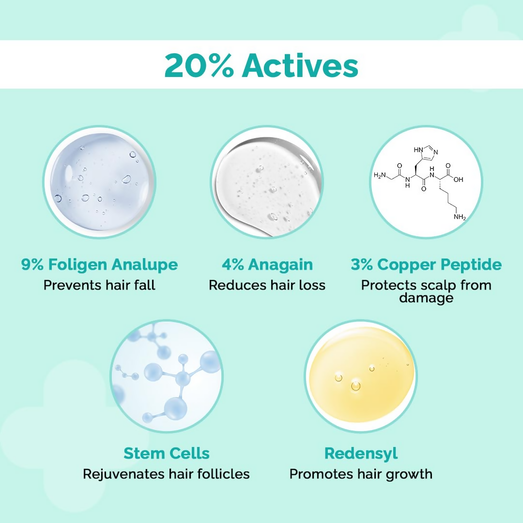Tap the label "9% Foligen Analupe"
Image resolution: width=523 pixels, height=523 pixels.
point(99,265)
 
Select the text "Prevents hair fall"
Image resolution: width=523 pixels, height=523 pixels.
point(99,285)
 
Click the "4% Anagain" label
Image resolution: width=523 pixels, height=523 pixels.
point(267,265)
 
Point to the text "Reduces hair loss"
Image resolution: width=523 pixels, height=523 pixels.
point(267,285)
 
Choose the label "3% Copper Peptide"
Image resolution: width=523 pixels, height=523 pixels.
point(426,265)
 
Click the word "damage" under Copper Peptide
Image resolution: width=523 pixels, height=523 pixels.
point(426,298)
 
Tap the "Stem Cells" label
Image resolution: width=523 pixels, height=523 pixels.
point(167,453)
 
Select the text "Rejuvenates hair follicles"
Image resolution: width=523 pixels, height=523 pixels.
point(167,474)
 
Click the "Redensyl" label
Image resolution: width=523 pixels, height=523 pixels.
point(361,453)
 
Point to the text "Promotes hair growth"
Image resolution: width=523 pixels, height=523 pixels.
point(361,474)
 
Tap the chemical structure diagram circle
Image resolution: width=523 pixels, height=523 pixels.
point(426,182)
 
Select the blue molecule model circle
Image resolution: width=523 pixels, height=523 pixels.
point(167,377)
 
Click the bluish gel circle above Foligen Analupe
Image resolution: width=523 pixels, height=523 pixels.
point(99,182)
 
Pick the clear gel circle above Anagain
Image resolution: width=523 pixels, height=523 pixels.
point(267,182)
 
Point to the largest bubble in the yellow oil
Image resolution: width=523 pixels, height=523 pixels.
point(356,386)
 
